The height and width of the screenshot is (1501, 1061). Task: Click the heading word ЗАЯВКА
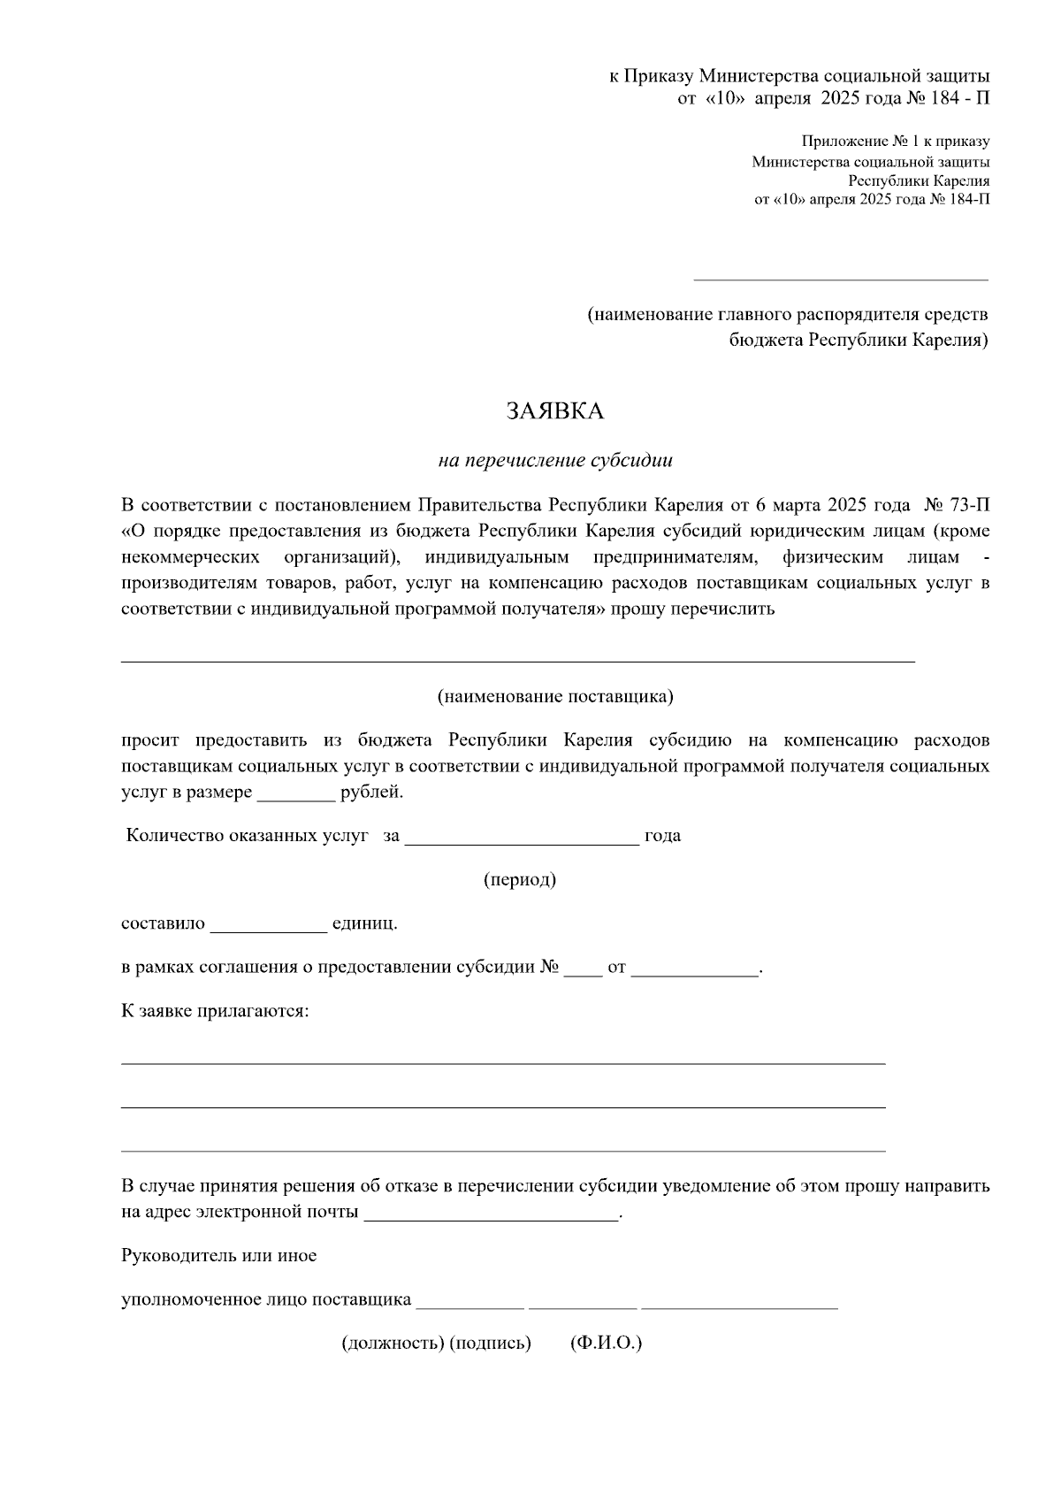pos(554,411)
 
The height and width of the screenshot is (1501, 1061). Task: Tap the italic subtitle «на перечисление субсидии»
pos(555,460)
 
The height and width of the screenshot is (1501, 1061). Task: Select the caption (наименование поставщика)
pos(555,696)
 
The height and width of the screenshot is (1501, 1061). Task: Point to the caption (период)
pos(520,879)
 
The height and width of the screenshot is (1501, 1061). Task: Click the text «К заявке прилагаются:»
pos(215,1010)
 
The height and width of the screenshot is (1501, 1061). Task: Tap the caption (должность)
pos(393,1343)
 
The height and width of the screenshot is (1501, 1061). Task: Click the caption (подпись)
pos(490,1343)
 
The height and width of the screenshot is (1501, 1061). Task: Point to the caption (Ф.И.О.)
pos(607,1343)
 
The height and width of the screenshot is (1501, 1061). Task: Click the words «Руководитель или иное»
pos(218,1256)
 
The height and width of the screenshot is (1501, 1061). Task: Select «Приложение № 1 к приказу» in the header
pos(896,142)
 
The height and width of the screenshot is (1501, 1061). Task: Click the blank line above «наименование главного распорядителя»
pos(840,279)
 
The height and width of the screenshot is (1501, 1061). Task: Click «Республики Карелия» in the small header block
pos(919,180)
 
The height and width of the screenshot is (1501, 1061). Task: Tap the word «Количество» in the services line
pos(175,836)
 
